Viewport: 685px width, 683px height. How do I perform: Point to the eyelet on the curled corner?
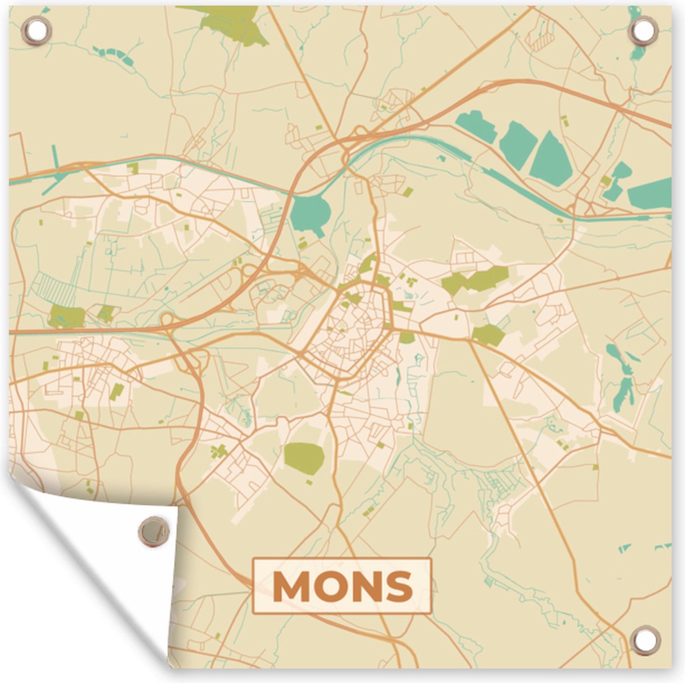tap(153, 531)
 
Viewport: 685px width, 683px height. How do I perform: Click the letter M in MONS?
tap(294, 586)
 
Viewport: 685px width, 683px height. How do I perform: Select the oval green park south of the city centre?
tap(304, 458)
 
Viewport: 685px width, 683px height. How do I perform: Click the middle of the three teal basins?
tap(517, 145)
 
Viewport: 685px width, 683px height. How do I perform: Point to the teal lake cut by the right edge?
tap(651, 194)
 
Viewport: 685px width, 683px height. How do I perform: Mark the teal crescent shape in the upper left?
tap(115, 54)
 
